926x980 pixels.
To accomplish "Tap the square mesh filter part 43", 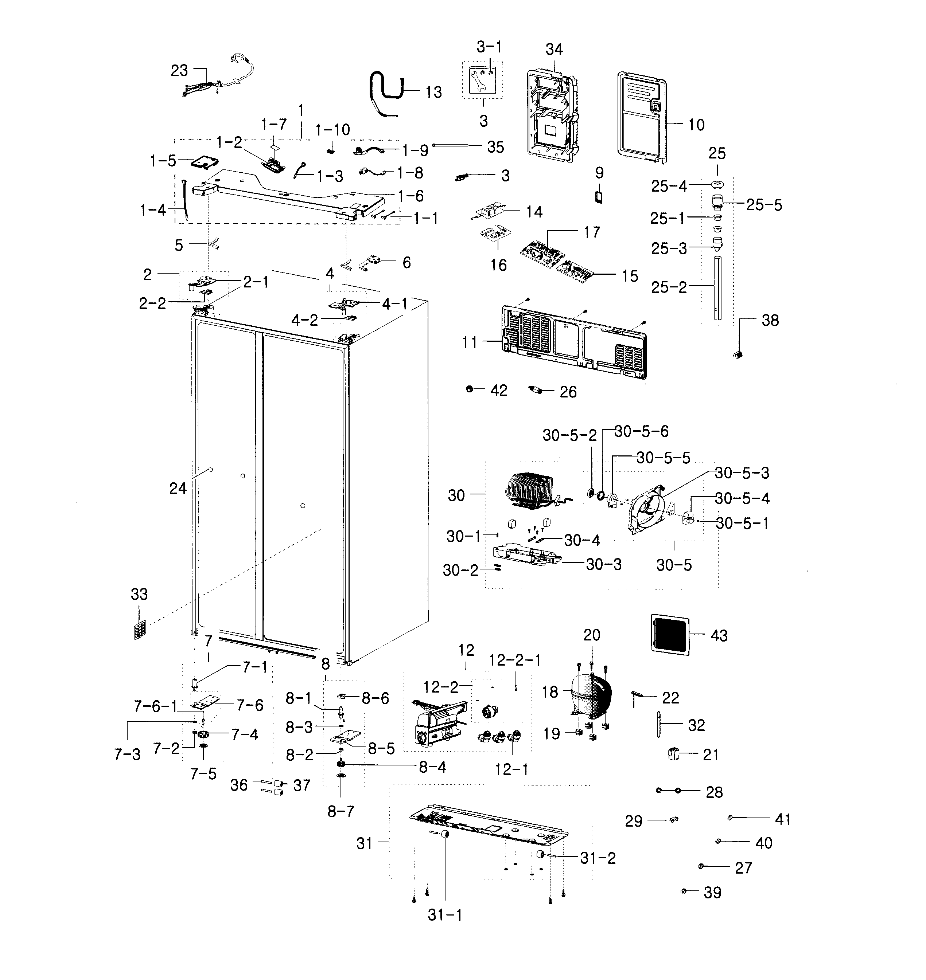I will tap(670, 635).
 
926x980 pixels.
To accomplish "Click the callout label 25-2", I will tap(669, 287).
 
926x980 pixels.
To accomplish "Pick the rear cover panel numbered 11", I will tap(573, 343).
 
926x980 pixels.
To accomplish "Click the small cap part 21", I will tap(673, 754).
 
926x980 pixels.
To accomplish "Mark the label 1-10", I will tap(333, 130).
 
